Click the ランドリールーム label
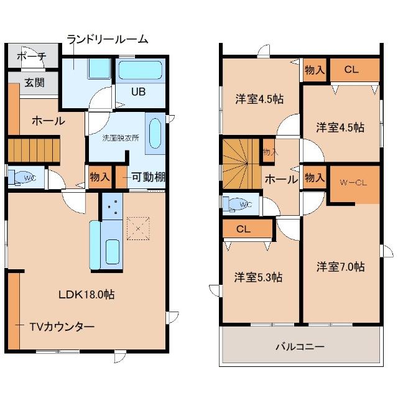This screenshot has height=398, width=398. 107,40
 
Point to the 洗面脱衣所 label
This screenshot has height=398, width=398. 121,138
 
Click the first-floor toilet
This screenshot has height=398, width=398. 26,177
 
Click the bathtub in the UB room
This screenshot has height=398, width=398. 141,70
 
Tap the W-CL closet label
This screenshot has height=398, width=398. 353,183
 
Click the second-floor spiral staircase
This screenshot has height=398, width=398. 241,164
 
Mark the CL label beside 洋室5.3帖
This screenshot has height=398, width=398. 243,229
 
